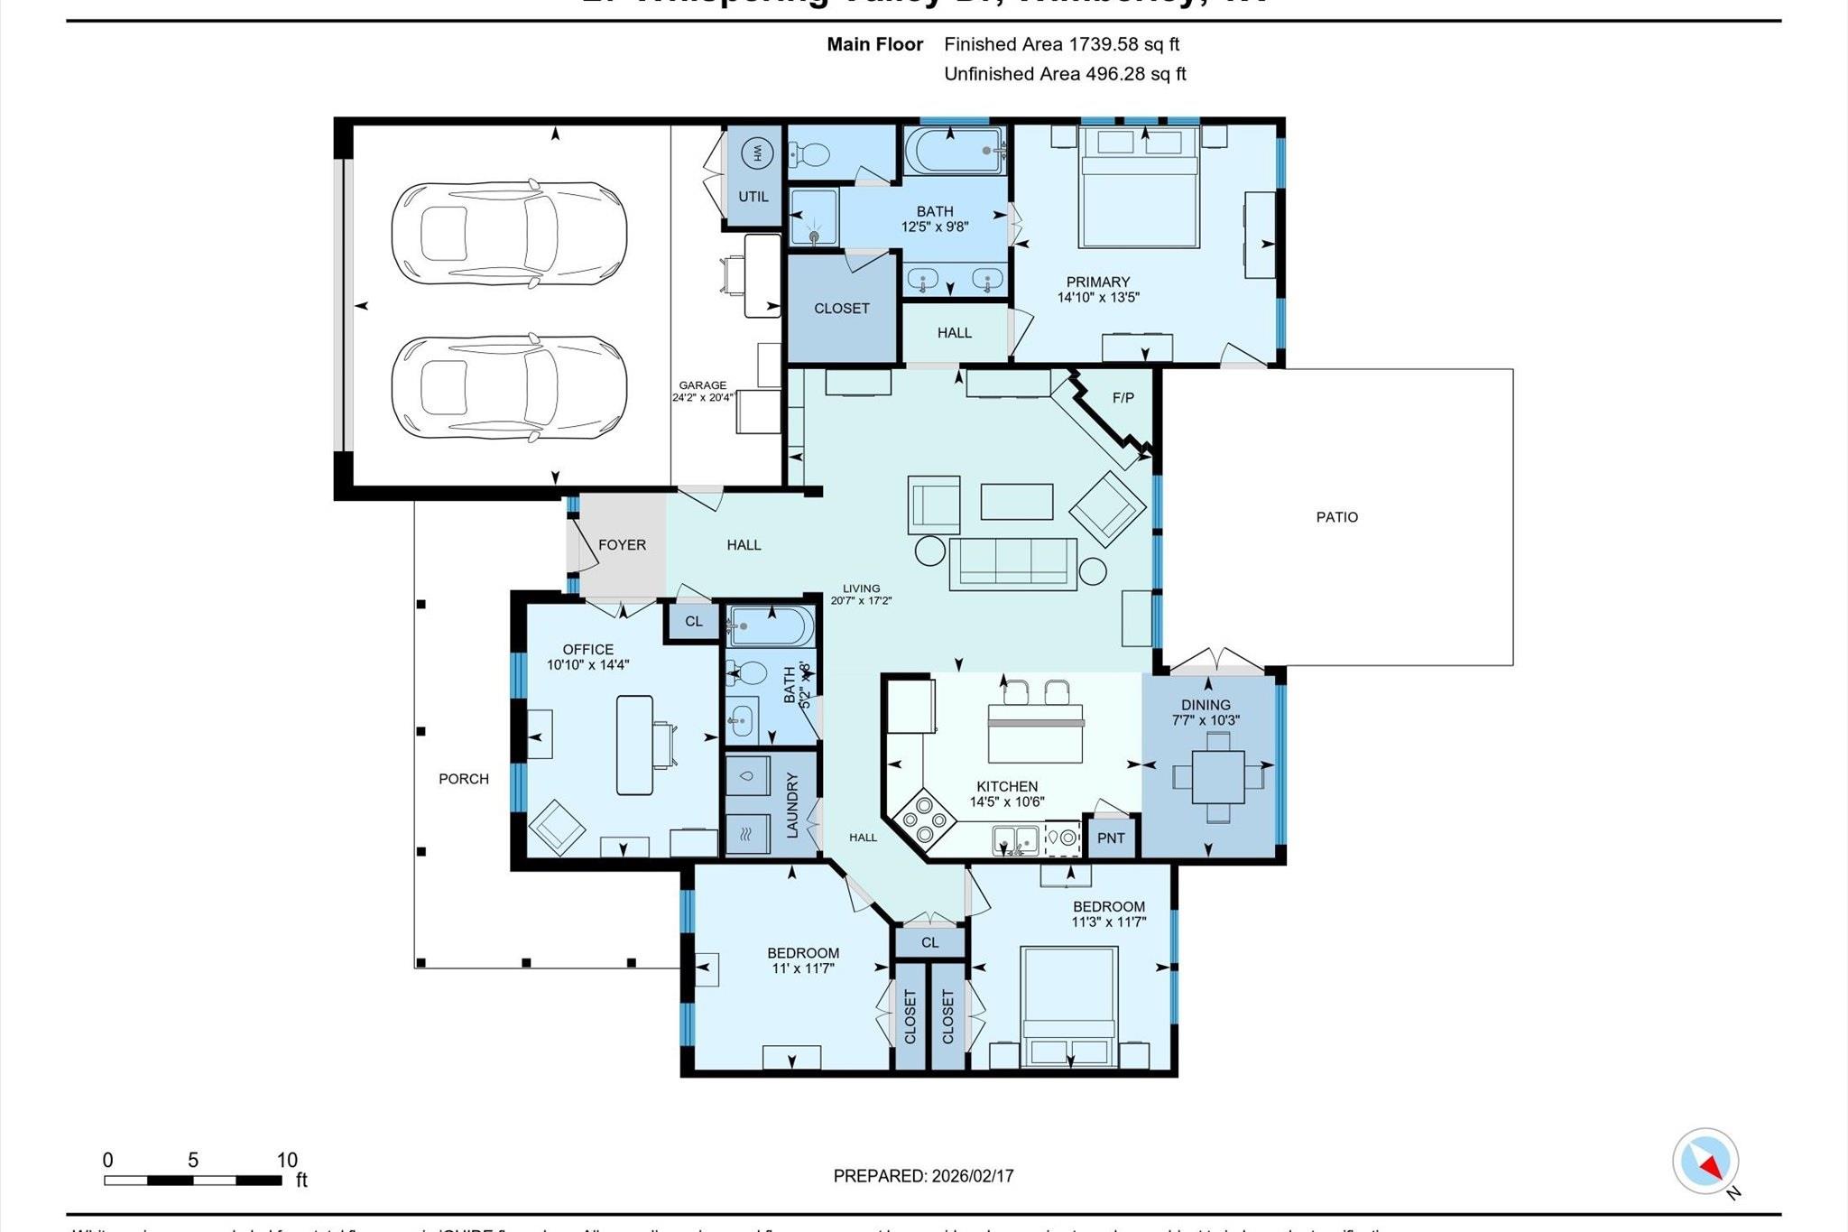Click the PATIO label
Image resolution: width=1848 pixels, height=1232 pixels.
(1336, 517)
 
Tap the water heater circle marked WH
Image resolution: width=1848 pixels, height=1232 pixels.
(756, 153)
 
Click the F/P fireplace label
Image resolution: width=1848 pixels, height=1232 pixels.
(1123, 398)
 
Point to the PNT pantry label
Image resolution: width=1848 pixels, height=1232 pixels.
(1111, 838)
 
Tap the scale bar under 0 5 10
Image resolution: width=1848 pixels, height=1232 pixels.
(192, 1180)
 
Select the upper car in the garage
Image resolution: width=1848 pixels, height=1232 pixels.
(509, 235)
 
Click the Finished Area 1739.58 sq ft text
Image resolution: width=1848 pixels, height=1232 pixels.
(1061, 44)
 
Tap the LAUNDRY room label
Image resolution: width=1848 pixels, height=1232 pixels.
(792, 805)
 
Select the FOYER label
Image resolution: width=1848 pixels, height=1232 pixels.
(622, 545)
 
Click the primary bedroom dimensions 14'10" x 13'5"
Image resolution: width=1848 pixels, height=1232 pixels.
(1098, 297)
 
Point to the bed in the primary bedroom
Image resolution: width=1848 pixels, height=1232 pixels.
(1139, 187)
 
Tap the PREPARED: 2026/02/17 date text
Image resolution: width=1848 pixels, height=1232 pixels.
(923, 1176)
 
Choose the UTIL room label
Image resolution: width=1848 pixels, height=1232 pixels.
(753, 197)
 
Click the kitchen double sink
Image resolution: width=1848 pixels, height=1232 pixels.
(1015, 840)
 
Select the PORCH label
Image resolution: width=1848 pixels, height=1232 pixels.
(463, 779)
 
